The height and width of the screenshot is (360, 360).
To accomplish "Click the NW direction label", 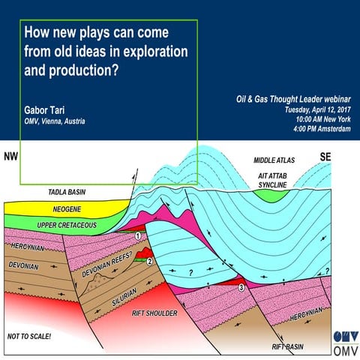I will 10,157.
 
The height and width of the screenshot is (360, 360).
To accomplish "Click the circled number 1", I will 139,235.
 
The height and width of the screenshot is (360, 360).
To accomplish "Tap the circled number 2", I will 150,261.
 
